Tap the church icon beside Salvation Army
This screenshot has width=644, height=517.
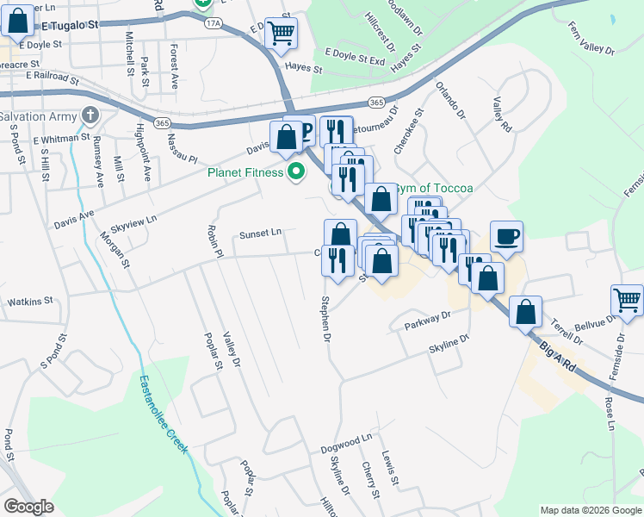(90, 115)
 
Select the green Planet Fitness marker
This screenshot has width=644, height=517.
(297, 171)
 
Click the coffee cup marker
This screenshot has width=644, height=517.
(506, 235)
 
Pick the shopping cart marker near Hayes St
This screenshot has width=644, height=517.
(282, 34)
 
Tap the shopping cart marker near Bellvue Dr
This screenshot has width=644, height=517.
(628, 301)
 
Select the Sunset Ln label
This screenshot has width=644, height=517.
(260, 233)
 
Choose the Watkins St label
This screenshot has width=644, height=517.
(30, 302)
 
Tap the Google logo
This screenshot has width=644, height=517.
(28, 507)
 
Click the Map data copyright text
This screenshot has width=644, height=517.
(590, 510)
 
